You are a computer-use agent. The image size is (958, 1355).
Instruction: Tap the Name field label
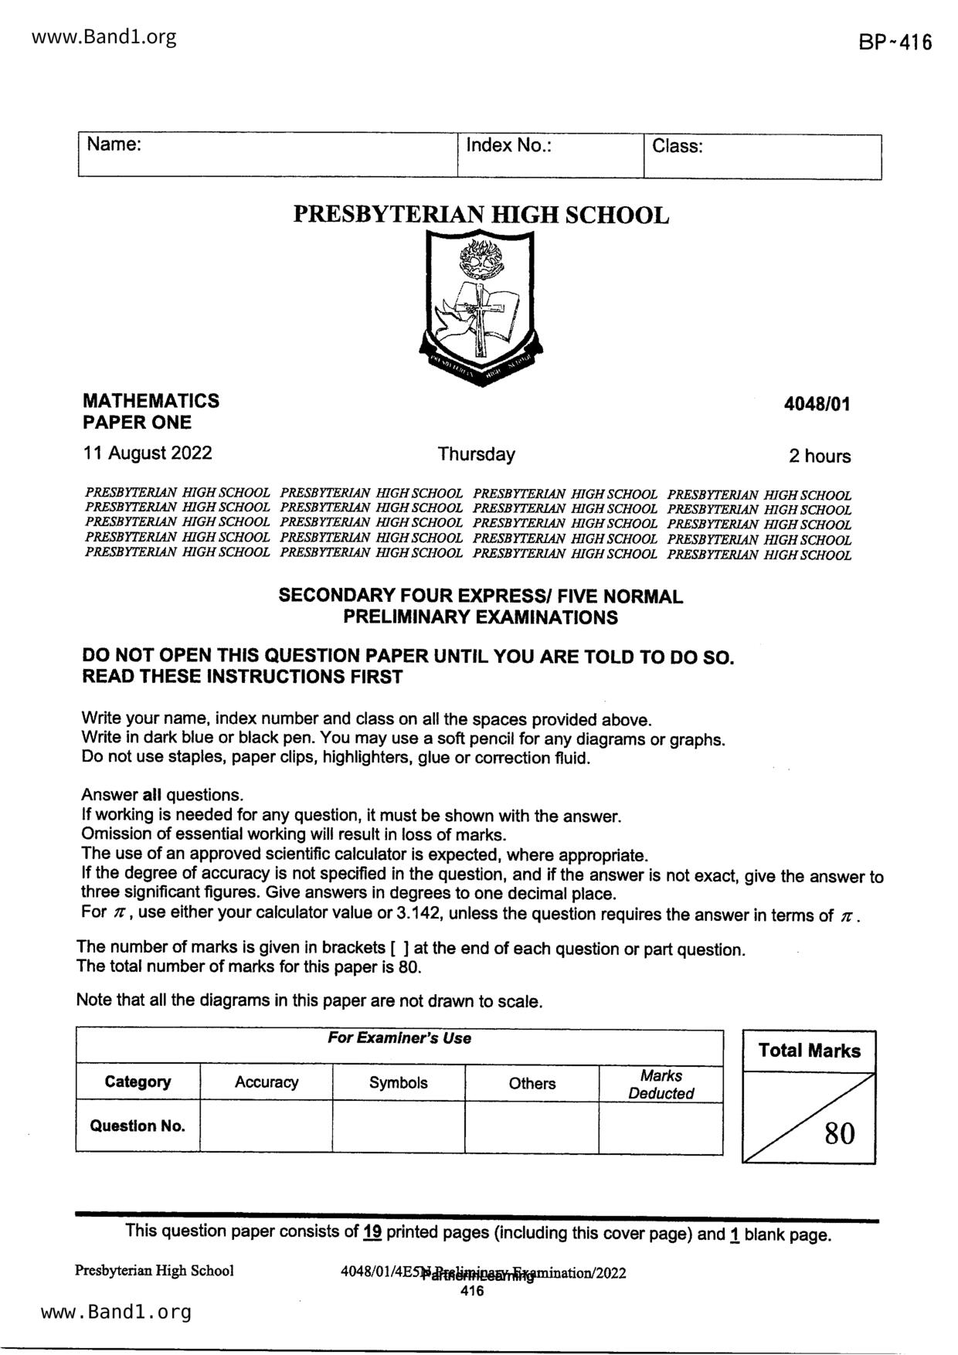point(113,144)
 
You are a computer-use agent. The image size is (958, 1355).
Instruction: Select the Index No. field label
point(508,145)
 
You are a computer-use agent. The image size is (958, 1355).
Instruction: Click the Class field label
point(677,146)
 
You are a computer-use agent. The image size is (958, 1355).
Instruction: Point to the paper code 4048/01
point(817,404)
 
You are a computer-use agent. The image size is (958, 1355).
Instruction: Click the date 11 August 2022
point(147,453)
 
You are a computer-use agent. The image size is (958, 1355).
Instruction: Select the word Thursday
point(476,454)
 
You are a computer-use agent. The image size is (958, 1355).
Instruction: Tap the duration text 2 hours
point(819,457)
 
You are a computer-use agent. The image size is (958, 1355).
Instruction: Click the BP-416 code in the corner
point(895,42)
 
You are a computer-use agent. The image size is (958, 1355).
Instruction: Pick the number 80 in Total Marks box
point(840,1134)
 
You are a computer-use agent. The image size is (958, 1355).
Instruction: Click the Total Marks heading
point(809,1051)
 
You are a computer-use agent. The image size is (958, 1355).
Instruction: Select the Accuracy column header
point(267,1082)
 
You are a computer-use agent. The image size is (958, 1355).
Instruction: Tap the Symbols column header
point(398,1083)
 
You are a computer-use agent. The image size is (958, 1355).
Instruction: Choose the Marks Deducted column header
point(661,1084)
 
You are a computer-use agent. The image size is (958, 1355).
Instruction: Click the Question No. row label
point(138,1126)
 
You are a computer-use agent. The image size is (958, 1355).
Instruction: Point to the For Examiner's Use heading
point(399,1038)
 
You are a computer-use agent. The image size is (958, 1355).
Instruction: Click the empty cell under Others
point(532,1126)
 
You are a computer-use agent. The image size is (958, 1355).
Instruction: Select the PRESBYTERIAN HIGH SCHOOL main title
point(481,215)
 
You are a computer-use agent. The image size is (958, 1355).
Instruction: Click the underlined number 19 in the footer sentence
point(372,1231)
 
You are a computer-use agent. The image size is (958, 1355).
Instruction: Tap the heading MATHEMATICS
point(151,401)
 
